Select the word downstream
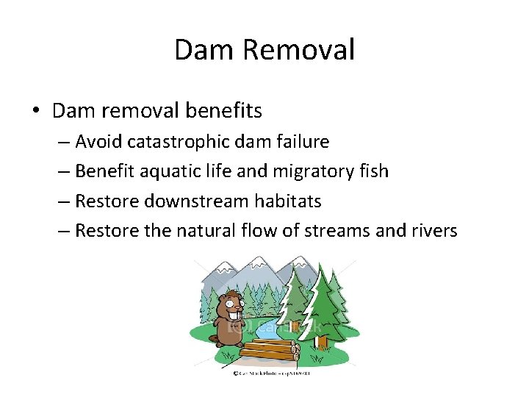coord(188,201)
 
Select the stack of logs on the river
coord(267,348)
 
